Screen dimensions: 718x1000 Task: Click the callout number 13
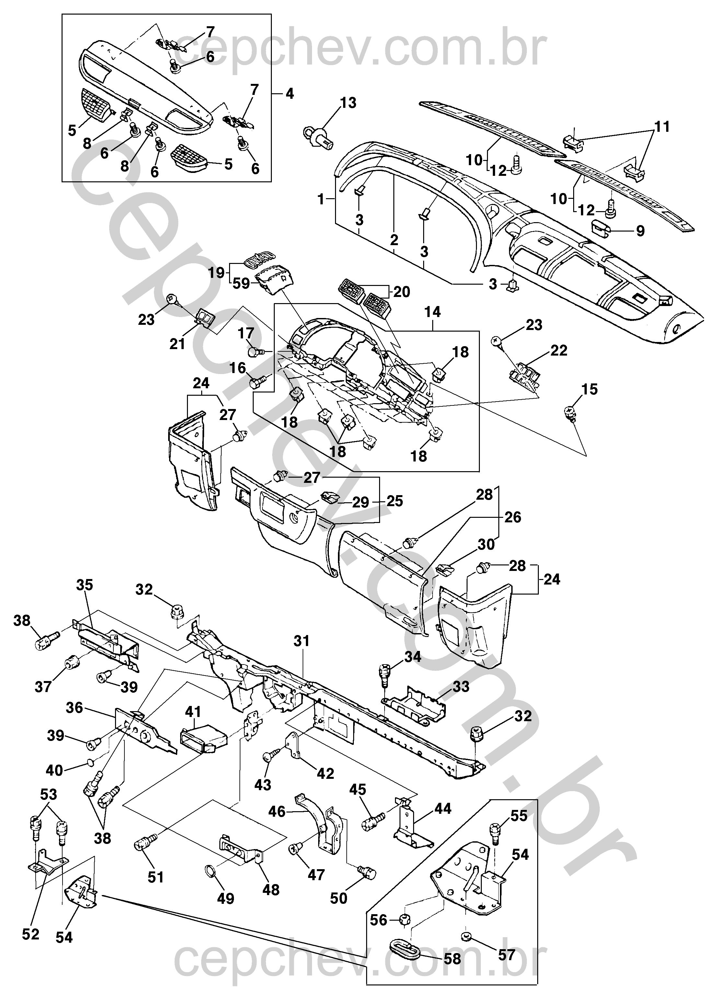[x=348, y=103]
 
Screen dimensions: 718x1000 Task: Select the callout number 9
[x=640, y=231]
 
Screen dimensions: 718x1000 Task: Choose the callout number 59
[x=241, y=283]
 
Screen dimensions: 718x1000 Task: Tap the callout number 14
[x=432, y=312]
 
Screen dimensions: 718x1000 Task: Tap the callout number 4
[x=289, y=94]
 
